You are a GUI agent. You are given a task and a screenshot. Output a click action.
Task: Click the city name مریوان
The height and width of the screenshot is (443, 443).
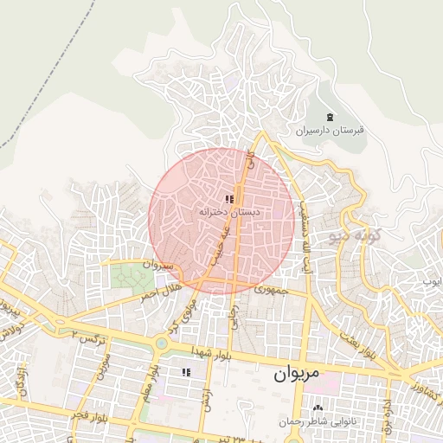[297, 375]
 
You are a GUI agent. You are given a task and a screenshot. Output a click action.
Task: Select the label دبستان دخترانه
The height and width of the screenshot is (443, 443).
[229, 212]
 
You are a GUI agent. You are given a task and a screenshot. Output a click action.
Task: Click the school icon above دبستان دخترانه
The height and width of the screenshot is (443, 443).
[228, 199]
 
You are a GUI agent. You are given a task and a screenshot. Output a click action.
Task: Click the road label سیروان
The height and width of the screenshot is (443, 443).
[159, 264]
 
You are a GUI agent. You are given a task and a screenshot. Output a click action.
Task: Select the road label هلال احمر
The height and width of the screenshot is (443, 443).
[161, 292]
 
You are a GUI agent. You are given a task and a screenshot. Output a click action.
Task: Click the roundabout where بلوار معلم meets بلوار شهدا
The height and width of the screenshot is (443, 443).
[162, 344]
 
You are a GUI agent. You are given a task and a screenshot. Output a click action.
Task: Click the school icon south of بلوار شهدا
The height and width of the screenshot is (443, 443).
[185, 372]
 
